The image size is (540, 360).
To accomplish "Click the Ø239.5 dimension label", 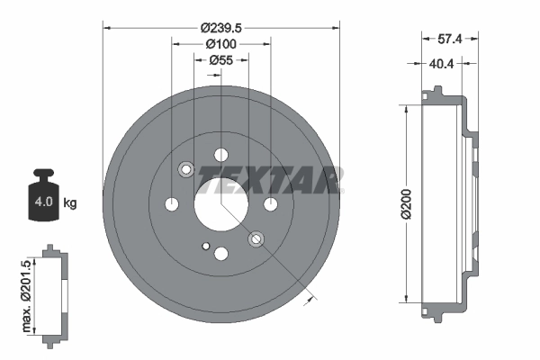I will [220, 15].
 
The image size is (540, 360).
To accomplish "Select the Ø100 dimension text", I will [220, 43].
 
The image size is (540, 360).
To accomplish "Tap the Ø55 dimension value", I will [220, 60].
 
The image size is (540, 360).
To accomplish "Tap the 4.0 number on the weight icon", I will [42, 202].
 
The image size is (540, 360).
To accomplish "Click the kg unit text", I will [70, 202].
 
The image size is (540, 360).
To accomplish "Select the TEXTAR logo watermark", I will [270, 180].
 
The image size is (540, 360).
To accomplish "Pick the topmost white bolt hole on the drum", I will [221, 154].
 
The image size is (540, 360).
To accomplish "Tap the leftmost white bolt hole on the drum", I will [172, 204].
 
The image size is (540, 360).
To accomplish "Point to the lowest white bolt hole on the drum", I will [221, 254].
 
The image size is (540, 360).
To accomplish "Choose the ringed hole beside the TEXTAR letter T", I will [186, 169].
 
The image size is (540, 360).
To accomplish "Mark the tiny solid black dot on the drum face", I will [206, 245].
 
